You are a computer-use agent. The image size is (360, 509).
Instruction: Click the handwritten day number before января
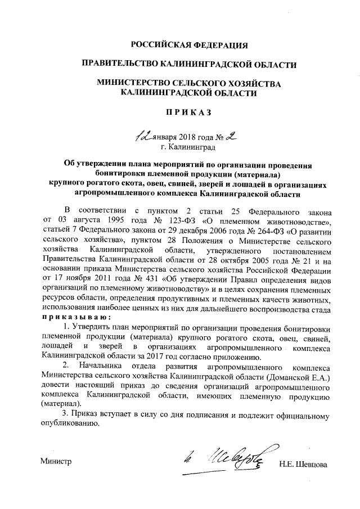[x=142, y=137]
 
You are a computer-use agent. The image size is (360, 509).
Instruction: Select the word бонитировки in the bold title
[x=119, y=173]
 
